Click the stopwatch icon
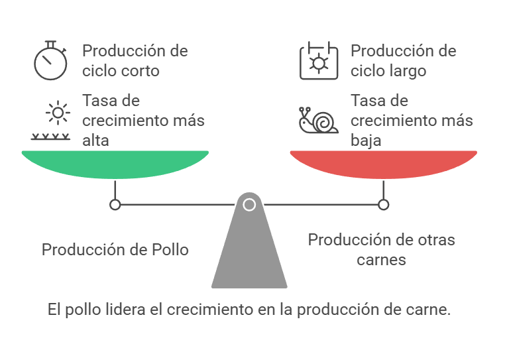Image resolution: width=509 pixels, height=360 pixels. click(50, 61)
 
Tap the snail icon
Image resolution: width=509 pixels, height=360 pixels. click(318, 120)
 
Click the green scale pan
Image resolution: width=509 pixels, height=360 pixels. click(115, 162)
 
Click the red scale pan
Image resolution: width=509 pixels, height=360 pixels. click(383, 162)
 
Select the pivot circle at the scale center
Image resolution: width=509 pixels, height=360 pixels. click(249, 205)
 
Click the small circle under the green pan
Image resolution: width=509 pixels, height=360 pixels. click(115, 205)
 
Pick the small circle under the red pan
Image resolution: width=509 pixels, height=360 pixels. click(383, 205)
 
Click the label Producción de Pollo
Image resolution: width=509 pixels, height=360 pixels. click(115, 250)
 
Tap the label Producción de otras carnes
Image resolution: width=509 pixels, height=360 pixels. click(382, 249)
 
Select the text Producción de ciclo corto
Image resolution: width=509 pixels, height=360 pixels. click(135, 60)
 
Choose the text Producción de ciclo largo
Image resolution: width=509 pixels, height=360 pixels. click(403, 60)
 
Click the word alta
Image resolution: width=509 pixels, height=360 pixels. click(96, 141)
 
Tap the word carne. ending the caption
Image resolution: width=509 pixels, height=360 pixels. click(431, 310)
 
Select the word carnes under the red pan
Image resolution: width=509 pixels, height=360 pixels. click(382, 259)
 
